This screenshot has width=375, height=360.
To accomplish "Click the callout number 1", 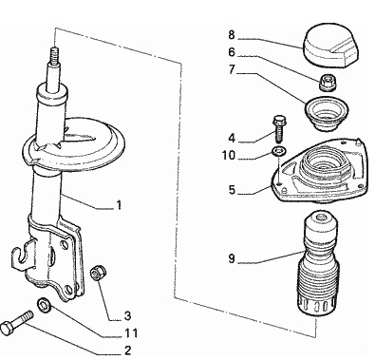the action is point(119,205).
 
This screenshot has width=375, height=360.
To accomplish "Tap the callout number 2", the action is point(127,351).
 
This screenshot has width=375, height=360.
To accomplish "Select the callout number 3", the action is point(127,315).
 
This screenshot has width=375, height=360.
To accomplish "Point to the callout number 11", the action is point(131,333).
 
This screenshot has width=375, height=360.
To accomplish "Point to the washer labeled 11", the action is point(44,305).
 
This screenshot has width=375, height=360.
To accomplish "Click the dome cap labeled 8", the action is point(330,46).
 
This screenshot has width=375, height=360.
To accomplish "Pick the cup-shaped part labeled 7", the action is point(327,114).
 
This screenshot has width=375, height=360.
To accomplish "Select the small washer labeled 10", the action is point(279,151).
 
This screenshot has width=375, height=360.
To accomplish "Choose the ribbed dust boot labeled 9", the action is point(317,265).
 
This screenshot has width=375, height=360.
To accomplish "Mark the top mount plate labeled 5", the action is point(320,171).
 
